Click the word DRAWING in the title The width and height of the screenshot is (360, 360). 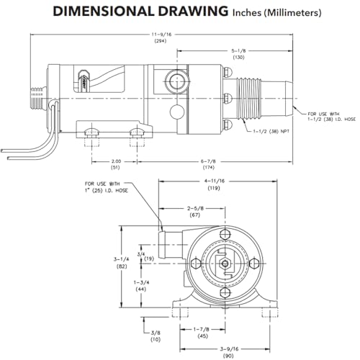pyautogui.click(x=193, y=12)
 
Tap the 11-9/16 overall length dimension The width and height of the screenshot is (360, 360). pyautogui.click(x=161, y=35)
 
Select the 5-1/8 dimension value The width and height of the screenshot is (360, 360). pyautogui.click(x=238, y=51)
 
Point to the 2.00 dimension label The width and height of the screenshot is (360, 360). pyautogui.click(x=115, y=161)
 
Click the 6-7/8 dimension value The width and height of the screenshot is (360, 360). pyautogui.click(x=208, y=161)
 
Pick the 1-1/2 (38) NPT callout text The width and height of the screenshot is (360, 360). pyautogui.click(x=271, y=131)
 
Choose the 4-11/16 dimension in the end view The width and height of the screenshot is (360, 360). pyautogui.click(x=214, y=181)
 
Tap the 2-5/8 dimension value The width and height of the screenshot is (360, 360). pyautogui.click(x=195, y=208)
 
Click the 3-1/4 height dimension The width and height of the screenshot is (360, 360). pyautogui.click(x=121, y=259)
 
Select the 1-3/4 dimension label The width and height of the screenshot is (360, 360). pyautogui.click(x=141, y=282)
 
